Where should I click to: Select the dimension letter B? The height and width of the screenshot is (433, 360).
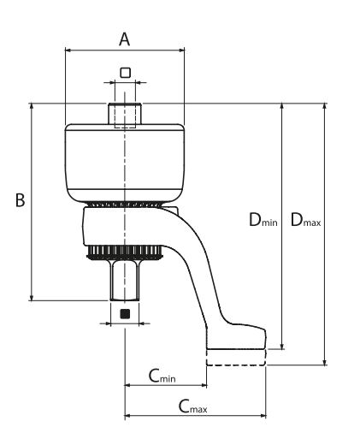20,199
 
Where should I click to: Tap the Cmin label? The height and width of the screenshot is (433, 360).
162,376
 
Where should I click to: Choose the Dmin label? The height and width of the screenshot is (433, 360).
263,220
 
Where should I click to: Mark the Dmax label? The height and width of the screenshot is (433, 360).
305,220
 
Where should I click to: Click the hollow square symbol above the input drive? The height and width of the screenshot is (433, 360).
125,73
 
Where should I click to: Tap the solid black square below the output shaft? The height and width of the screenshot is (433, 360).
125,313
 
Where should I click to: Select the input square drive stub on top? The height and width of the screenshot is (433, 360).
125,114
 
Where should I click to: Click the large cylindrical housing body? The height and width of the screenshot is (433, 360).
125,158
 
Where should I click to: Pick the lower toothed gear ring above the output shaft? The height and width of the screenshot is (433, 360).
125,252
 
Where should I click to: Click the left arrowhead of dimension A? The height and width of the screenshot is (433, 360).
68,50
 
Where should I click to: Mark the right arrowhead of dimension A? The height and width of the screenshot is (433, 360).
181,50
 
